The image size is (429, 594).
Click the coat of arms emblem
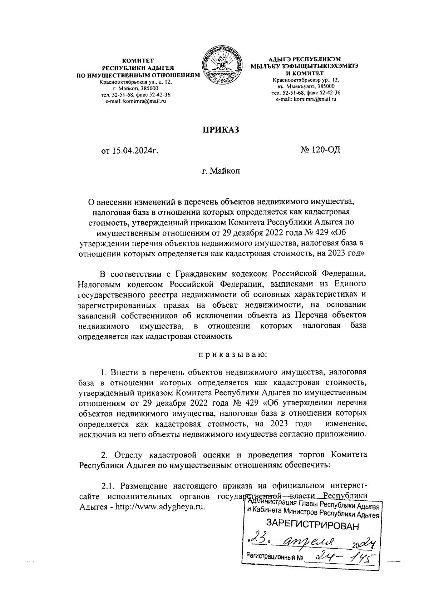point(222,65)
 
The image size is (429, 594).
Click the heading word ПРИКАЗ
point(221,130)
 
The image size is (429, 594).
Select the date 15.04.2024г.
point(130,151)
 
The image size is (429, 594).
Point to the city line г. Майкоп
point(220,171)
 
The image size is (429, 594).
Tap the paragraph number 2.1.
point(109,486)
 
